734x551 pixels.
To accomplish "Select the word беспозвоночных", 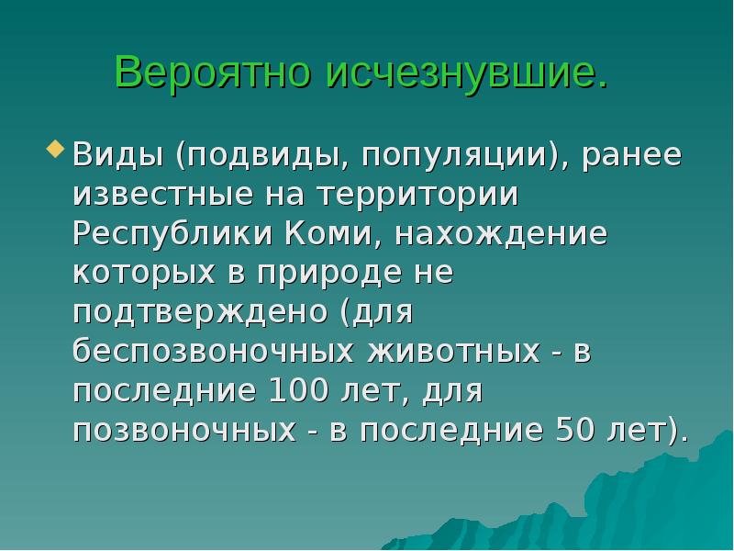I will coord(217,352).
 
